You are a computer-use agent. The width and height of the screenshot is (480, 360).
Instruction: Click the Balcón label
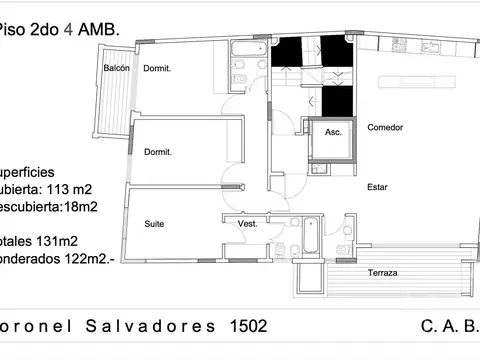pos(117,68)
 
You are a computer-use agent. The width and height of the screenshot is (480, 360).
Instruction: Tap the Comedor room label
pos(385,128)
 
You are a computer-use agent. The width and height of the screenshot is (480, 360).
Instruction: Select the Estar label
pos(377,187)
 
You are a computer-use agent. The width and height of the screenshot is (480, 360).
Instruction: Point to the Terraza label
pos(384,273)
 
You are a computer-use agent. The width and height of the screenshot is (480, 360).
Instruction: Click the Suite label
pos(154,224)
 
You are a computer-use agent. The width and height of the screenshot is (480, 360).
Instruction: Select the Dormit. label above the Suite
pos(158,152)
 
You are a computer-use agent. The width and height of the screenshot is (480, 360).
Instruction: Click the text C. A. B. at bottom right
pos(451,327)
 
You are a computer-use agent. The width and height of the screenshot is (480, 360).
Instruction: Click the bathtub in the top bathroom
pos(245,50)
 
